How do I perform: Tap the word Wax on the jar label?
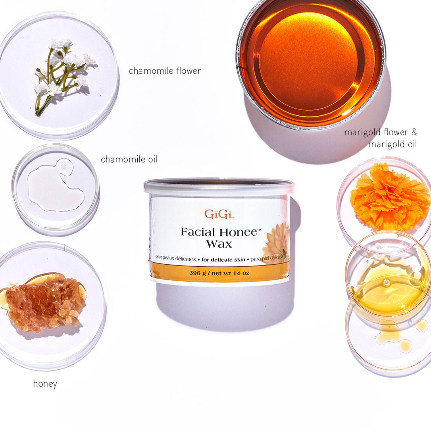[219, 244]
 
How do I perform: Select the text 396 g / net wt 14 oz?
[219, 273]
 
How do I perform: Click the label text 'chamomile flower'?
[165, 71]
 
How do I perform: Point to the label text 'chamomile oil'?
[129, 159]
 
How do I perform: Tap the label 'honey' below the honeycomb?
[45, 384]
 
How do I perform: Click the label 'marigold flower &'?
[380, 132]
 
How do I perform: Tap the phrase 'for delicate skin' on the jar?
[223, 259]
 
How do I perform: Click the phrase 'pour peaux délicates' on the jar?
[175, 258]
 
